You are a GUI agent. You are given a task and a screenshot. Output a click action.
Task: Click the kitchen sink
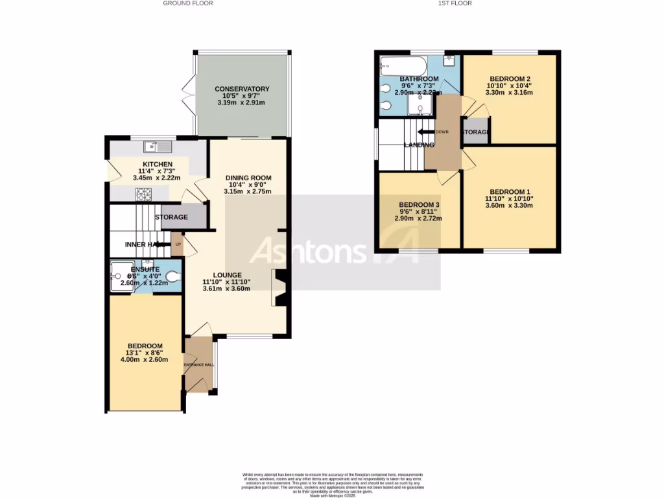pos(158,147)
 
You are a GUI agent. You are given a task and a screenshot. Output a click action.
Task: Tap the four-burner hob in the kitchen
pos(143,193)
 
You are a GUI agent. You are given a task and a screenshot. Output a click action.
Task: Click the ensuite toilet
pos(172,277)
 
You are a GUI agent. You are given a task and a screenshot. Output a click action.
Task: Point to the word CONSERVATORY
pos(242,89)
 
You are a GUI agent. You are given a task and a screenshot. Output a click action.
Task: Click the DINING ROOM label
pos(248,178)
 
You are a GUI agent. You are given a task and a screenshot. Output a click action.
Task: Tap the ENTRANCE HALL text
pos(199,365)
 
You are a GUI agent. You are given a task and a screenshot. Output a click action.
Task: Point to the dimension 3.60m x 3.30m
pos(510,206)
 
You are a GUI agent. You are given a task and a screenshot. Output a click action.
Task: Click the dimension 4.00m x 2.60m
pos(145,360)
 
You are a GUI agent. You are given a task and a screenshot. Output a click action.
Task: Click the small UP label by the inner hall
pos(178,244)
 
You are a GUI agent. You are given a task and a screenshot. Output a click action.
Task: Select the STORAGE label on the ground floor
pos(171,217)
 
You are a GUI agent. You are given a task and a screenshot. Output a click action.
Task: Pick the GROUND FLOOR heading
pos(188,3)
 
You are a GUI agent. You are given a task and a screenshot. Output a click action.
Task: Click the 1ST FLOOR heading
pos(455,3)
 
